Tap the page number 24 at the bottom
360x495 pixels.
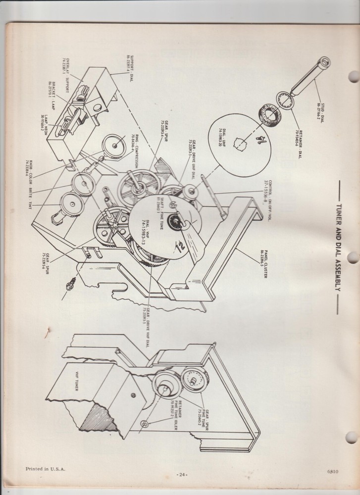click(x=182, y=475)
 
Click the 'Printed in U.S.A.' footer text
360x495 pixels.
click(x=45, y=468)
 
